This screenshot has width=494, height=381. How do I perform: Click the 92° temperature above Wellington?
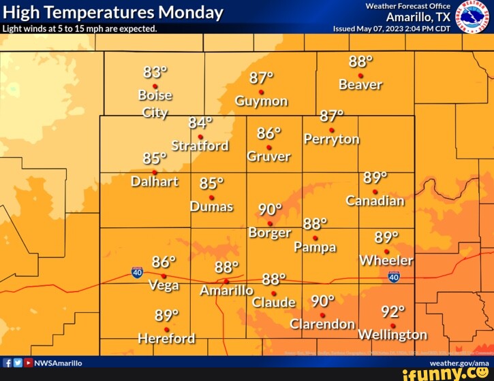(392, 312)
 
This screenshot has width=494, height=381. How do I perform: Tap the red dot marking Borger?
(271, 223)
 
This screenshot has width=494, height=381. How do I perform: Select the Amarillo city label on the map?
(226, 291)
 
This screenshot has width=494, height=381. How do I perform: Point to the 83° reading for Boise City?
(155, 72)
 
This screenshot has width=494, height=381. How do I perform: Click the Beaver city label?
(360, 85)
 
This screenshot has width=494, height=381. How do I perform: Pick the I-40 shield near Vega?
(138, 272)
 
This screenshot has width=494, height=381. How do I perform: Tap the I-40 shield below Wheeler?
(394, 276)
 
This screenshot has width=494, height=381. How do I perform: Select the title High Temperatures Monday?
(113, 12)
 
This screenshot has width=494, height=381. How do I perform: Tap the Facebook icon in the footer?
(7, 363)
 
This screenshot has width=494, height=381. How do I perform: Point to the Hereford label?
(166, 338)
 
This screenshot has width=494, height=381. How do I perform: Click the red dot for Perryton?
(332, 130)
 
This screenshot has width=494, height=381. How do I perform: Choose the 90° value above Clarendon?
(322, 301)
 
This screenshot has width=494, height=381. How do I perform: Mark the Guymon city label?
(261, 101)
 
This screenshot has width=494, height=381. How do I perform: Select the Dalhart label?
(155, 181)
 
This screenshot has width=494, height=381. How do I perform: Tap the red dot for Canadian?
(375, 191)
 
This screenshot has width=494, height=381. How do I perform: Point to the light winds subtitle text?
(80, 29)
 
